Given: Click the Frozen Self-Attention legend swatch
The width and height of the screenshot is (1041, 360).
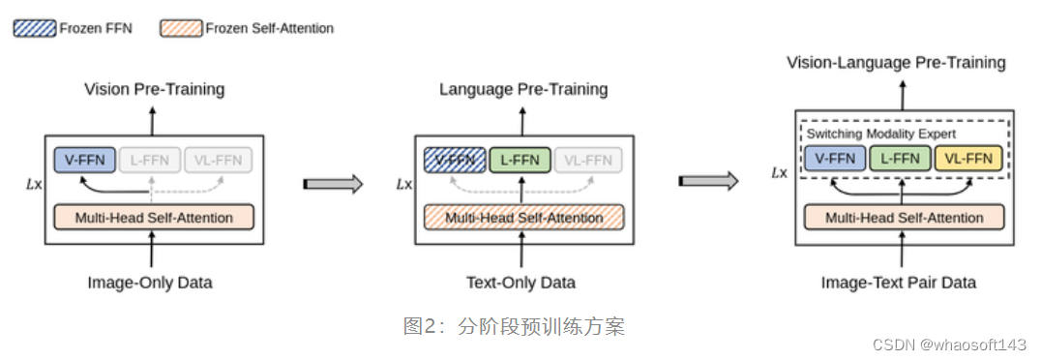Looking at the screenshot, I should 180,28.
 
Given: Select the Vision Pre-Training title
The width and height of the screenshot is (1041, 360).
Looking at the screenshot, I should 154,89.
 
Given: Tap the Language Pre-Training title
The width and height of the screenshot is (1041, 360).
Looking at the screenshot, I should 523,89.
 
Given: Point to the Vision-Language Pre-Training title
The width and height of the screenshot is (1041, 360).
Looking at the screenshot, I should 896,63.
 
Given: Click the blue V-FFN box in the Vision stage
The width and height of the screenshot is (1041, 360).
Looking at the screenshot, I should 85,159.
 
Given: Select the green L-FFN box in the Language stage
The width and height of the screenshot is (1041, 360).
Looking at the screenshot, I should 520,159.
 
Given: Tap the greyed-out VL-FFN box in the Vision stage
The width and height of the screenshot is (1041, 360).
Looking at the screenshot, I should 219,159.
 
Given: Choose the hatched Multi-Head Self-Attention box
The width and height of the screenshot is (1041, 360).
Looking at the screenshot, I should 523,218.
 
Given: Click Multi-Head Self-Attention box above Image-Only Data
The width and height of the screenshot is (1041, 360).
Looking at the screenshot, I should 155,218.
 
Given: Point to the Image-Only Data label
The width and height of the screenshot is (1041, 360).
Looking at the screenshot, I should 150,283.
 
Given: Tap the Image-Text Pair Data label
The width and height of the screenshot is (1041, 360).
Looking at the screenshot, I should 899,283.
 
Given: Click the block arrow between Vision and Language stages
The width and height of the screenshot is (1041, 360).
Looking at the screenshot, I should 333,183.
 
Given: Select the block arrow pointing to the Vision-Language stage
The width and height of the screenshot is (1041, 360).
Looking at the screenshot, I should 709,181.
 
